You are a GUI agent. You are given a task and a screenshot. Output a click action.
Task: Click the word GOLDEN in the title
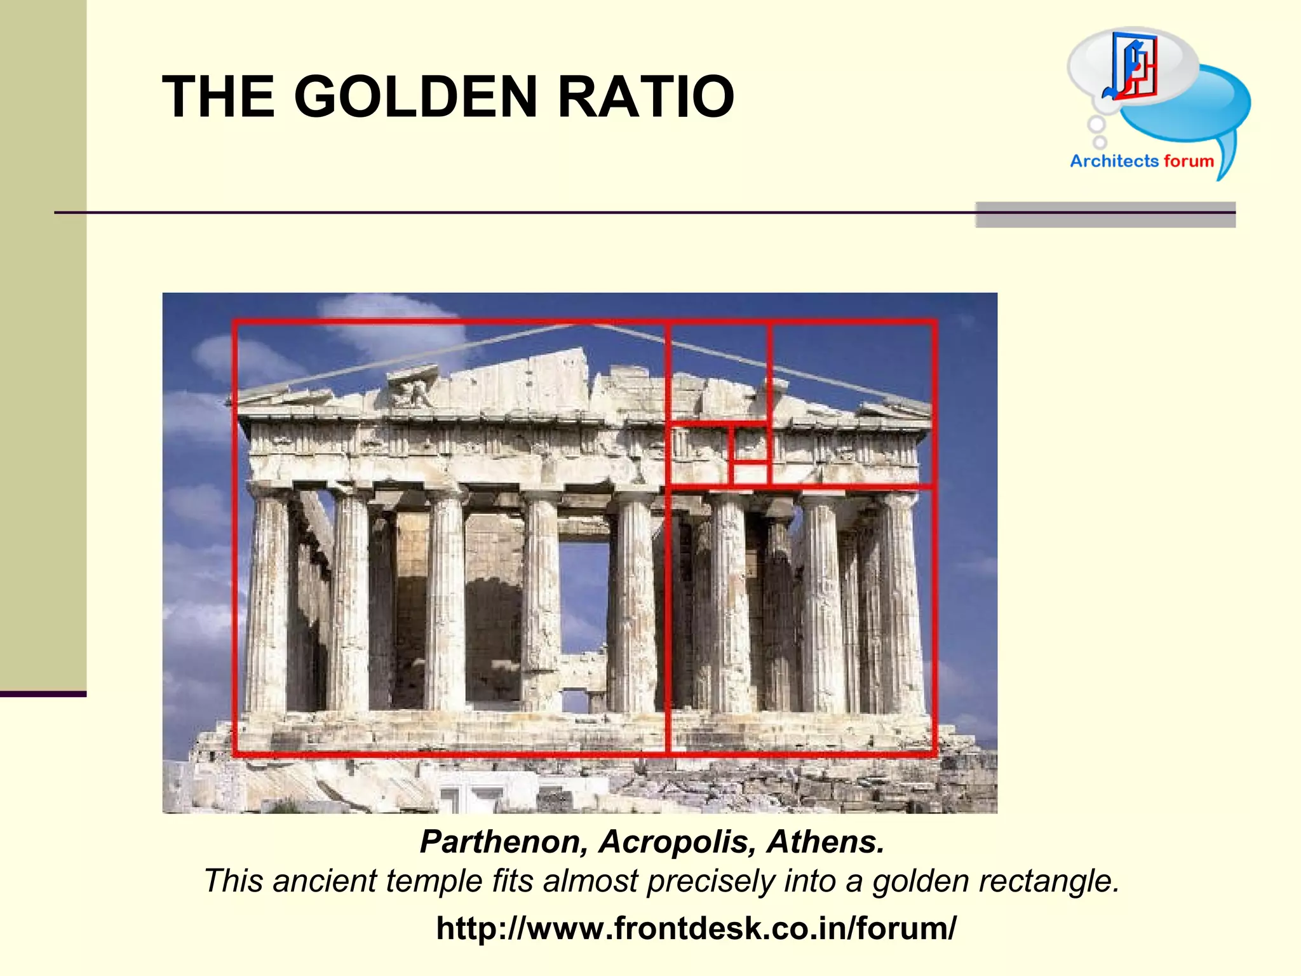(415, 97)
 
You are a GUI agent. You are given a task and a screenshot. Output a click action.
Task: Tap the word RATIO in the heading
(645, 97)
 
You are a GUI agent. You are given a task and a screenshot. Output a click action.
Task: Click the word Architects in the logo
(1114, 161)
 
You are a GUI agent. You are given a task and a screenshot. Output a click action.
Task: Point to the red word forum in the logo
(1189, 161)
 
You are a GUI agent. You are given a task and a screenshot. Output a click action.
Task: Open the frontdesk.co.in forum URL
(696, 928)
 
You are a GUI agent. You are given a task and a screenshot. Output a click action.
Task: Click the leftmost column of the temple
(267, 604)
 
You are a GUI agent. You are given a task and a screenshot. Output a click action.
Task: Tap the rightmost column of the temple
(901, 604)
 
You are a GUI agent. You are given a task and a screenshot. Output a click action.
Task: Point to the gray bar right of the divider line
(1105, 215)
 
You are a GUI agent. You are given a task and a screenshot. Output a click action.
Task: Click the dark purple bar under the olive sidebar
(43, 694)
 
